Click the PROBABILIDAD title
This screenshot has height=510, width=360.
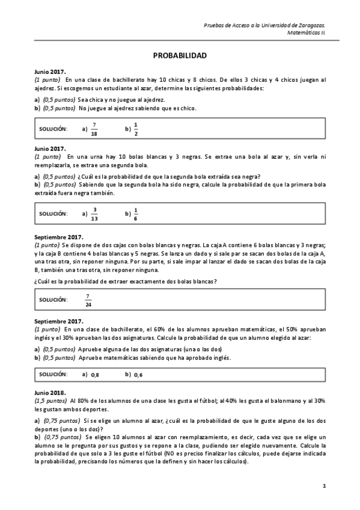180,55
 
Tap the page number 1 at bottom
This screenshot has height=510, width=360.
324,485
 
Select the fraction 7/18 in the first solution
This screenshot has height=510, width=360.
94,129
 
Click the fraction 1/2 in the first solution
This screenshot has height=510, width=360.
135,129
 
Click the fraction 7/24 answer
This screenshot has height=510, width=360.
88,300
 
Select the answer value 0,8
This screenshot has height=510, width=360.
95,375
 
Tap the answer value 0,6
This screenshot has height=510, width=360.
138,375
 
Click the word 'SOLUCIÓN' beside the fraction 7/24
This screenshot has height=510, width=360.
53,300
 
